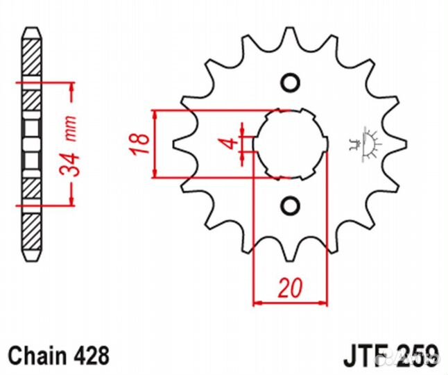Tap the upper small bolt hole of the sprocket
pos(291,83)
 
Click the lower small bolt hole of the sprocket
pos(291,205)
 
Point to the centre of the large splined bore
pos(290,144)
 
